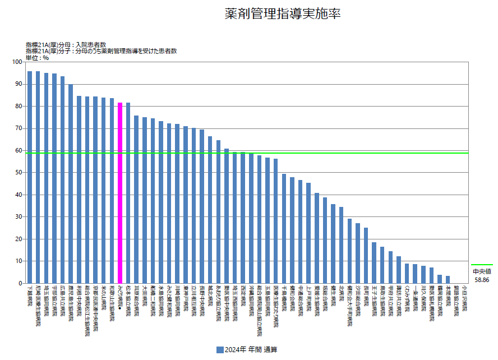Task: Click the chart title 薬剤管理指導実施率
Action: tap(282, 14)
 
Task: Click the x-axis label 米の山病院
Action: tap(104, 297)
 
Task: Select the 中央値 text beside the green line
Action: tap(482, 271)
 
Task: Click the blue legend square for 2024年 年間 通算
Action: tap(220, 350)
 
